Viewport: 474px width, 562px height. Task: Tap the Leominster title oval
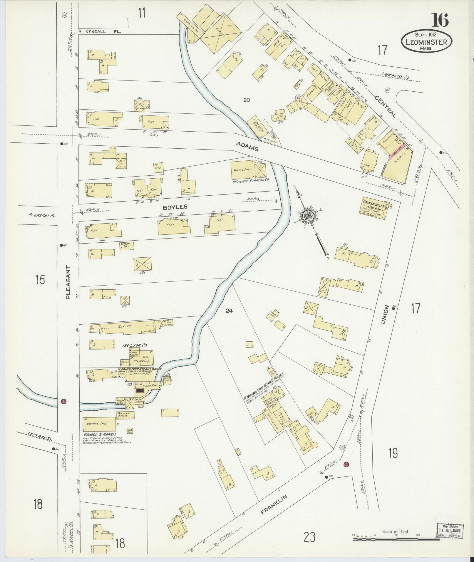pos(426,42)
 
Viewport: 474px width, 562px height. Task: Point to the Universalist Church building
pos(375,208)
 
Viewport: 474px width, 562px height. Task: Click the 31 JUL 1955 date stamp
pos(449,531)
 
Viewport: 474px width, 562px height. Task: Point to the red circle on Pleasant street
pos(63,401)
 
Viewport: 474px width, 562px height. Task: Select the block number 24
pos(229,311)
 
